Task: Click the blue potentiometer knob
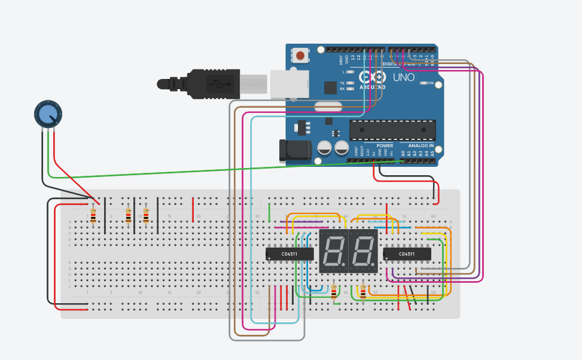(x=47, y=114)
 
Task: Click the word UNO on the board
(x=404, y=77)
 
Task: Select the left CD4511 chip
(x=290, y=254)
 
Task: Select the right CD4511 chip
(x=407, y=254)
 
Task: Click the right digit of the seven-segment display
(x=363, y=250)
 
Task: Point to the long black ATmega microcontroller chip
(x=392, y=129)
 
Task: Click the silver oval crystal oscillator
(x=327, y=108)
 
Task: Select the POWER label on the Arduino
(x=385, y=145)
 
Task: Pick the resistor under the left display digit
(x=334, y=291)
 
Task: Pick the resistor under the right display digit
(x=363, y=291)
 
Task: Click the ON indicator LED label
(x=428, y=83)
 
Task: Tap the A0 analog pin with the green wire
(x=403, y=160)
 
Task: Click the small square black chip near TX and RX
(x=330, y=88)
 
